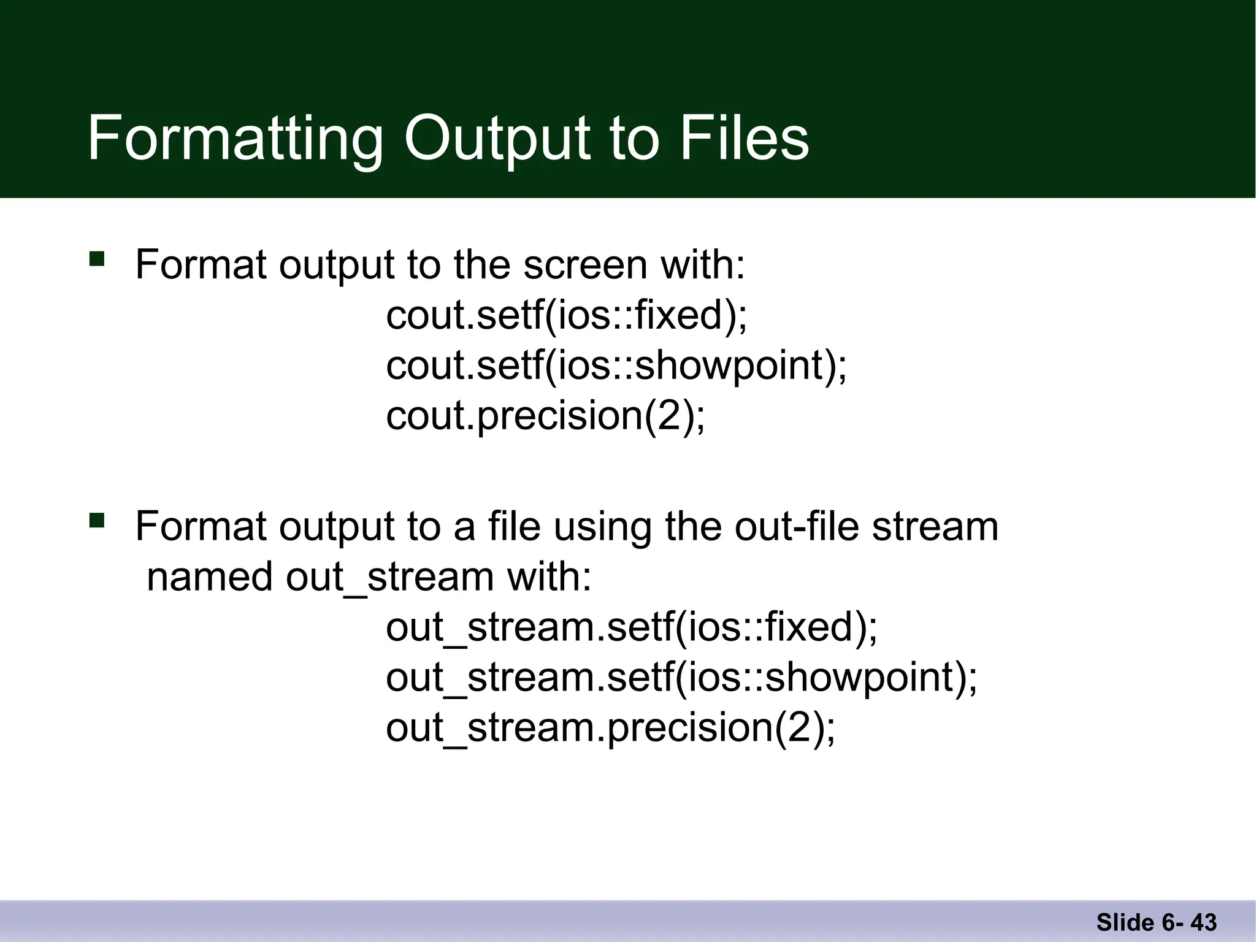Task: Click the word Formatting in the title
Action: [x=235, y=139]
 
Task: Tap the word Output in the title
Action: [x=497, y=139]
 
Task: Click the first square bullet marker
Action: [x=97, y=258]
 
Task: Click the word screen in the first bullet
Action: [x=585, y=265]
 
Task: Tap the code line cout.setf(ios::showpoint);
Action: [x=616, y=366]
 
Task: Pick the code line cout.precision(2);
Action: [x=545, y=416]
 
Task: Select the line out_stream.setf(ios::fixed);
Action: [x=632, y=627]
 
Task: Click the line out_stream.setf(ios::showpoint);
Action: [x=681, y=678]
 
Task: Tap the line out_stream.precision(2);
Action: [x=610, y=728]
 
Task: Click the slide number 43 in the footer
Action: [x=1203, y=922]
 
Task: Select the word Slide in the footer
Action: [x=1125, y=922]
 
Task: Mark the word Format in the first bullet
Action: [x=201, y=265]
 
